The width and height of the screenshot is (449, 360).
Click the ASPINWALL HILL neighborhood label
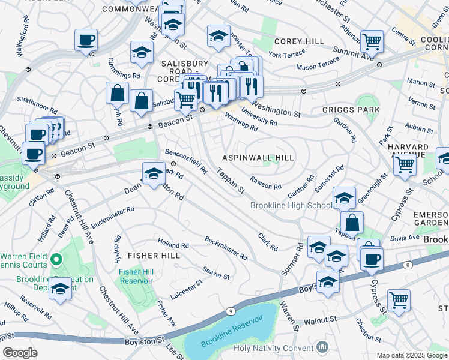[x=258, y=157]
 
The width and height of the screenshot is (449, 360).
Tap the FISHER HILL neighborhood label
[x=154, y=256]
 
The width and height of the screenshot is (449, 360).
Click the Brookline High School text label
[x=291, y=206]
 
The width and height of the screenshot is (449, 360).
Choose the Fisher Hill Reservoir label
[x=137, y=276]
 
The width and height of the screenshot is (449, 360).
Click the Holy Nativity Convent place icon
[x=322, y=347]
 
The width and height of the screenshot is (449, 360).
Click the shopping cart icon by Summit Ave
[x=372, y=42]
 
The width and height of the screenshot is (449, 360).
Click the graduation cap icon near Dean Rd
[x=153, y=174]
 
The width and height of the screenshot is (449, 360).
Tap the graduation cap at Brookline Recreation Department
[x=60, y=289]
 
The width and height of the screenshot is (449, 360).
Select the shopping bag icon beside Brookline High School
[x=352, y=223]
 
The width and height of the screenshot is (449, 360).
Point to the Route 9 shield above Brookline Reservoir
[x=231, y=311]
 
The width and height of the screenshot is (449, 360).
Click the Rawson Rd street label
[x=266, y=186]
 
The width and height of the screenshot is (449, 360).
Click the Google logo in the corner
[x=20, y=353]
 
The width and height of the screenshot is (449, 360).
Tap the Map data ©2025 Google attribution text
[x=411, y=355]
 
